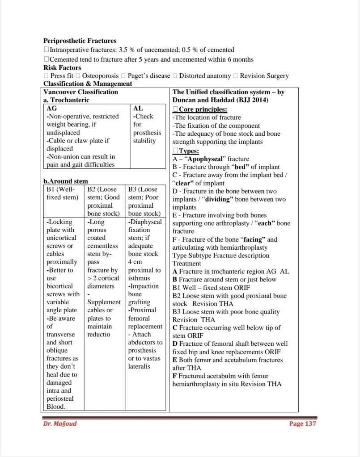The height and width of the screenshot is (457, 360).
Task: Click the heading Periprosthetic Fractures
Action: (x=80, y=41)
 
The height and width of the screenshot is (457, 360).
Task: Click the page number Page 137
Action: (x=303, y=423)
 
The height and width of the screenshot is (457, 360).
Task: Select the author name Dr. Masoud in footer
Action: (x=57, y=423)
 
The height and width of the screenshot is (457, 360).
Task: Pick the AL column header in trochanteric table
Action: (x=138, y=108)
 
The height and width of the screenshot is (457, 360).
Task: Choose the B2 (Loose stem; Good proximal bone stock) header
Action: (x=104, y=201)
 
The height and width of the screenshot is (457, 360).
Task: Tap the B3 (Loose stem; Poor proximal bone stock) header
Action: (x=144, y=201)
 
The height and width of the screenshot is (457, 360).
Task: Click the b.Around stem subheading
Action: (x=66, y=181)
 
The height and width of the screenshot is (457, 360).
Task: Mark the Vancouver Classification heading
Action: (x=81, y=92)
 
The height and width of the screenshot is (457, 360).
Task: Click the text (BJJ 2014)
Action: (x=248, y=100)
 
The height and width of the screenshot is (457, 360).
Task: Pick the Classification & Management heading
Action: (x=88, y=84)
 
